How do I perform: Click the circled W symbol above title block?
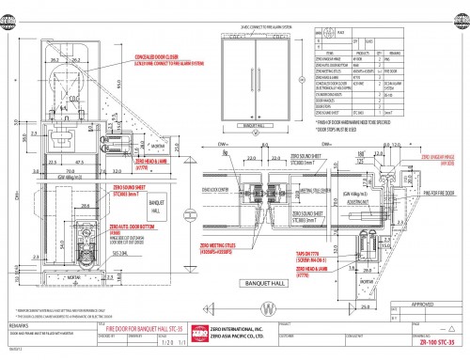243,305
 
